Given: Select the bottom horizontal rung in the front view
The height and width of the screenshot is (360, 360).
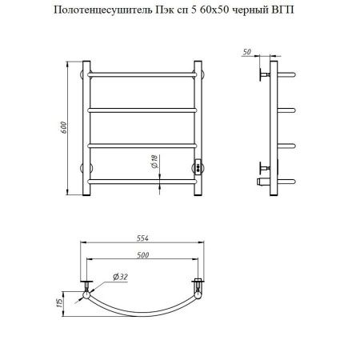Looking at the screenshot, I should tap(142, 182).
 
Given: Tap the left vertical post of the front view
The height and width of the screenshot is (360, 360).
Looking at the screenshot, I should tap(84, 127).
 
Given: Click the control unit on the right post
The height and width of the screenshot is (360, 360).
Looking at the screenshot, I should tap(198, 166).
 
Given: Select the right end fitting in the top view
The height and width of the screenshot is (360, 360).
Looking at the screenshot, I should tap(196, 285).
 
